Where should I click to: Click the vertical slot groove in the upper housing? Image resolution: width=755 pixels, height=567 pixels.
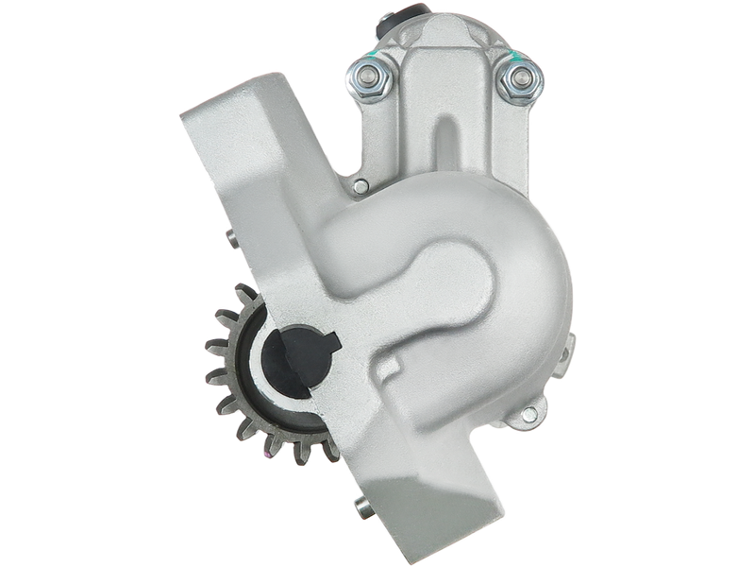click(444, 142)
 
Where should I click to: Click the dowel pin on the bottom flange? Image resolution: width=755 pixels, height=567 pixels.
click(361, 509)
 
